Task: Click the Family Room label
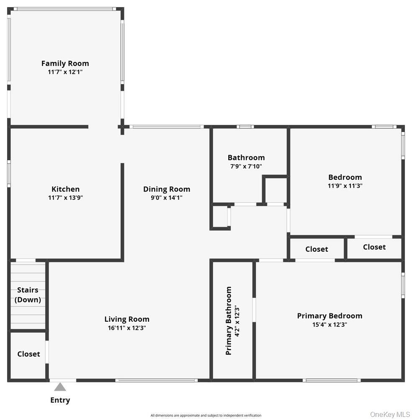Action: pos(65,63)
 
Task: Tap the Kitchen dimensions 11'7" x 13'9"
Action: pos(65,198)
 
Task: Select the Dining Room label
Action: pos(167,189)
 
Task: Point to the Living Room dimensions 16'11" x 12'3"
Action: pos(126,328)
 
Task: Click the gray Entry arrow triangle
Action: pos(60,387)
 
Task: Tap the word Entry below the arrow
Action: pos(60,400)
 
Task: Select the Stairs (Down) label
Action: pos(28,295)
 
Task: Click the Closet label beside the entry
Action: pos(28,354)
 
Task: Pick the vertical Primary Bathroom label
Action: pos(229,321)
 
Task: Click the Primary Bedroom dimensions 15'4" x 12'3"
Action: pos(330,324)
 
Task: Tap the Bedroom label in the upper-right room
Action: pos(345,177)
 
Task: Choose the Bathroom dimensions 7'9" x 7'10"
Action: pos(246,166)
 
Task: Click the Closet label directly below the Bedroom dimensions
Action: pos(374,247)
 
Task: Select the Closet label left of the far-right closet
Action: pos(317,249)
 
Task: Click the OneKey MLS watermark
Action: pos(390,414)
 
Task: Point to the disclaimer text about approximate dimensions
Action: pos(206,415)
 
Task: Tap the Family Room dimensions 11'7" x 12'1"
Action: pos(65,72)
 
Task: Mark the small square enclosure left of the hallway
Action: pos(220,217)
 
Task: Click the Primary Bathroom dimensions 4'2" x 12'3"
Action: pos(237,321)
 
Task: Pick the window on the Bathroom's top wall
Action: pos(245,127)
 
